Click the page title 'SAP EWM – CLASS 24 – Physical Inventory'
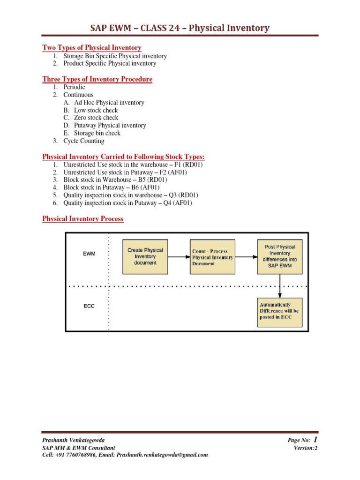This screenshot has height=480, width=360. click(180, 28)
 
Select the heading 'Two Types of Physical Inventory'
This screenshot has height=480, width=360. click(92, 48)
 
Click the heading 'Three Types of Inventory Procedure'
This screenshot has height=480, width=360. click(97, 79)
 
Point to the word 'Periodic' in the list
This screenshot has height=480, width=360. click(75, 87)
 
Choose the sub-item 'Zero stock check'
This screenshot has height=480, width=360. click(96, 118)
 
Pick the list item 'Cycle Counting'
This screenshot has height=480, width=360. click(84, 141)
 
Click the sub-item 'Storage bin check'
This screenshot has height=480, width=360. click(97, 133)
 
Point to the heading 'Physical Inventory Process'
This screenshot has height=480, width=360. click(83, 219)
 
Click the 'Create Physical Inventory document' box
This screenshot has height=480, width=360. click(145, 257)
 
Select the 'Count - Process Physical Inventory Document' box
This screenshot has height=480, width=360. click(213, 257)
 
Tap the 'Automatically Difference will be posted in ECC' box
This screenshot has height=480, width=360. click(280, 312)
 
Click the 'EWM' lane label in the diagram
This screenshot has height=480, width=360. click(89, 254)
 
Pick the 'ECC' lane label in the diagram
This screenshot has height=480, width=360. click(89, 306)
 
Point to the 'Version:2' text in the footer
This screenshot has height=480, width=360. click(306, 448)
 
